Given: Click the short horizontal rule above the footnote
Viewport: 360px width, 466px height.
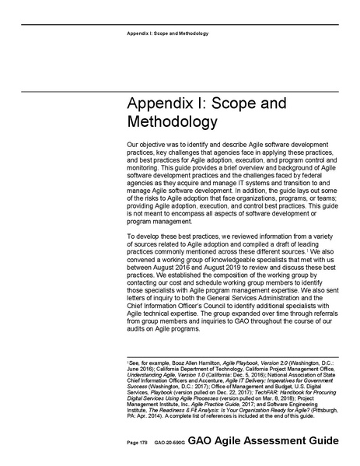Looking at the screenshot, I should (x=161, y=356).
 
